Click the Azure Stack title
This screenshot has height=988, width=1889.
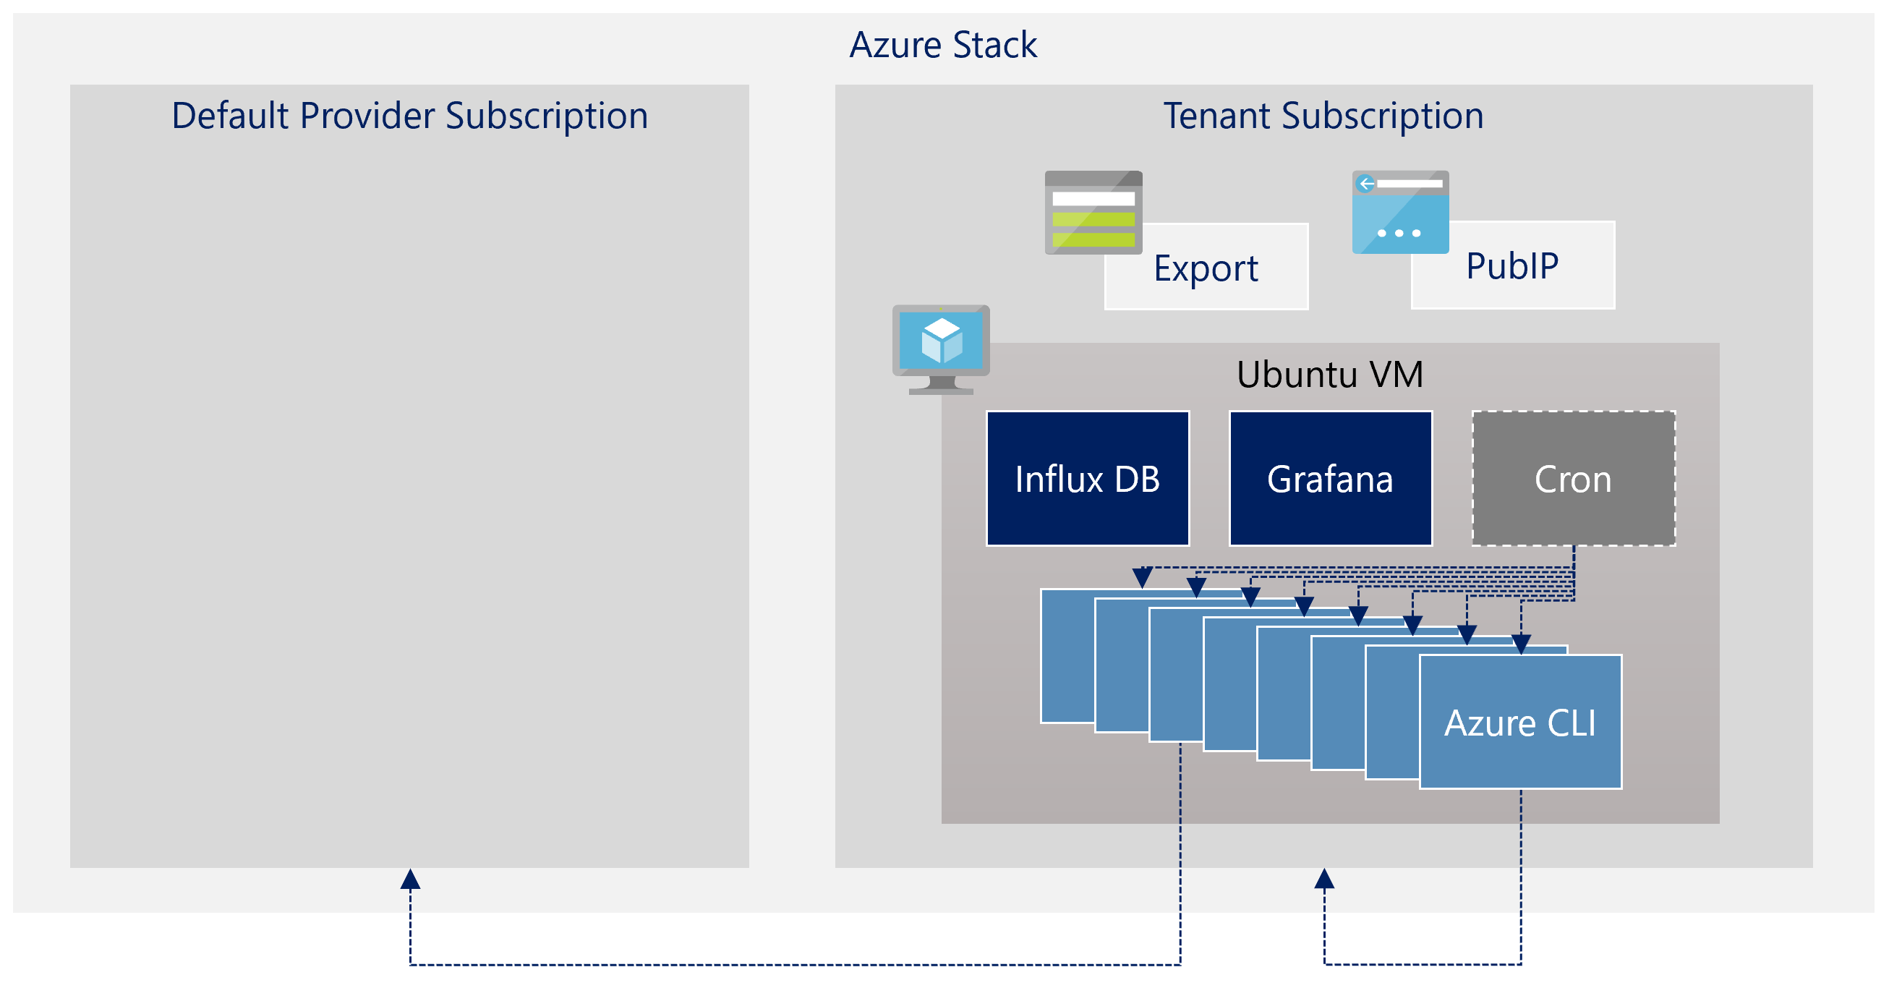point(943,45)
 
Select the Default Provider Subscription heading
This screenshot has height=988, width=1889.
point(409,116)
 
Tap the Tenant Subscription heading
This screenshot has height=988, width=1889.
point(1323,116)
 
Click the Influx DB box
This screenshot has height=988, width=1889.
point(1087,478)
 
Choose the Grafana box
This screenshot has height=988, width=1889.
point(1329,478)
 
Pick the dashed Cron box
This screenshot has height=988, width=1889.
point(1573,478)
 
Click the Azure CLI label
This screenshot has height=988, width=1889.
point(1519,723)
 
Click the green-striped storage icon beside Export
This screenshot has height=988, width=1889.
point(1093,213)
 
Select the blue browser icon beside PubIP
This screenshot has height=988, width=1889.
point(1400,213)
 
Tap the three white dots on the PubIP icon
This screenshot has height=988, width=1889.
point(1399,233)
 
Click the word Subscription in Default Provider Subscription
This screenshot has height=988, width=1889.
point(546,116)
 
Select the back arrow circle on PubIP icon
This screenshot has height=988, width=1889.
point(1365,184)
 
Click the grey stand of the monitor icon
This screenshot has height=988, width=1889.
point(942,386)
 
